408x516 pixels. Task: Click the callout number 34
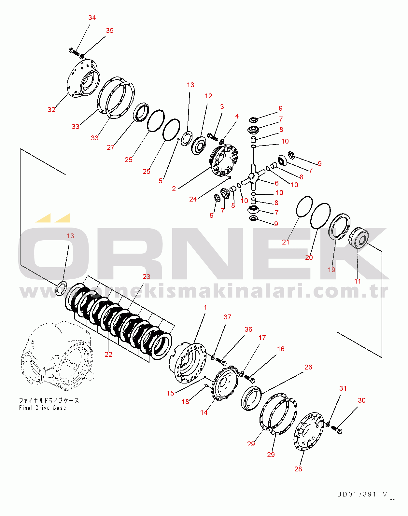coord(92,18)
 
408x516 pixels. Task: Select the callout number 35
coord(110,31)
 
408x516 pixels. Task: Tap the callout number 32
coord(51,110)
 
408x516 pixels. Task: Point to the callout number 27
coord(111,147)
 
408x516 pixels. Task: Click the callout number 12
coord(208,96)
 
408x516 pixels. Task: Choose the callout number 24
coord(193,199)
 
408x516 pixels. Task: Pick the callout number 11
coord(358,281)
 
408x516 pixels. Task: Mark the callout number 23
coord(147,277)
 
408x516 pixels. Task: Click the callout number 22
coord(108,355)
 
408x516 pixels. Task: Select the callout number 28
coord(298,469)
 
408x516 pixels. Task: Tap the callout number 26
coord(308,367)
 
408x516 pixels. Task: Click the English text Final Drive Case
coord(42,408)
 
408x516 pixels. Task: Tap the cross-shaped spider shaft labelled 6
coord(253,177)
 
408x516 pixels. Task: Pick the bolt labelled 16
coord(250,379)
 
